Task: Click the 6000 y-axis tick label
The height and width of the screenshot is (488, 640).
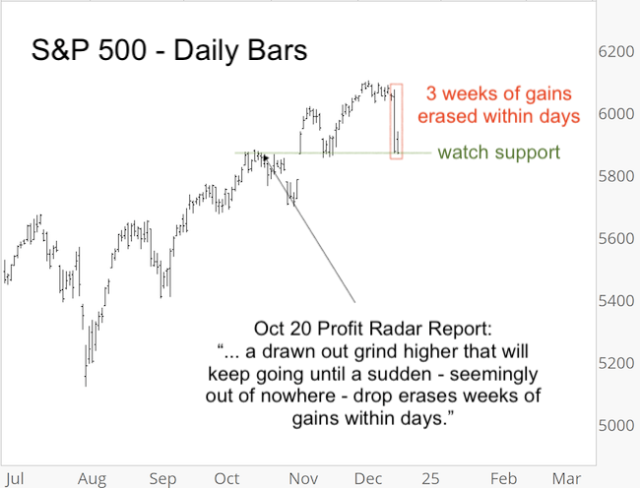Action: pyautogui.click(x=615, y=114)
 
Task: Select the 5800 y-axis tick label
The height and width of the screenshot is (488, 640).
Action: pyautogui.click(x=615, y=176)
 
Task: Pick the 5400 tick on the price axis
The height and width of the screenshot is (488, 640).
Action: pyautogui.click(x=615, y=301)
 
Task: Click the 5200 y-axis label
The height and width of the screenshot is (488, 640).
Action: pyautogui.click(x=615, y=363)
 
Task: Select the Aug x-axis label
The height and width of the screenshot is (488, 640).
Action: pyautogui.click(x=91, y=477)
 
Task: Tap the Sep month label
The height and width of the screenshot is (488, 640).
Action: pyautogui.click(x=162, y=477)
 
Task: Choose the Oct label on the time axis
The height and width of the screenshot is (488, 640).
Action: pyautogui.click(x=226, y=477)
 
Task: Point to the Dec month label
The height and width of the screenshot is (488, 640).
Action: pyautogui.click(x=365, y=477)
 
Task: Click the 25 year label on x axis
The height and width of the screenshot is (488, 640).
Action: pyautogui.click(x=430, y=477)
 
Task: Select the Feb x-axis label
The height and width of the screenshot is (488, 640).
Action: pyautogui.click(x=502, y=477)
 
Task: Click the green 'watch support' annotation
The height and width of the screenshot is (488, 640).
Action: pyautogui.click(x=498, y=152)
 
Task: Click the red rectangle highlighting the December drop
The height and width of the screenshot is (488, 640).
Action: pyautogui.click(x=396, y=121)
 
